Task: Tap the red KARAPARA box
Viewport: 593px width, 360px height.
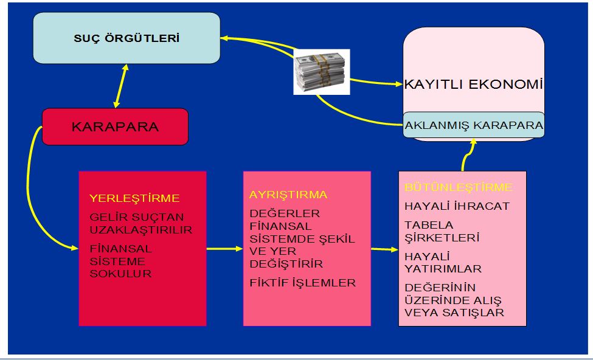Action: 115,127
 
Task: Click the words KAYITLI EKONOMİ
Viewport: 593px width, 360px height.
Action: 473,85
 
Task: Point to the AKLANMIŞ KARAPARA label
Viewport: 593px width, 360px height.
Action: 474,125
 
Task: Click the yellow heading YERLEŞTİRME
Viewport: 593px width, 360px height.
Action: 134,198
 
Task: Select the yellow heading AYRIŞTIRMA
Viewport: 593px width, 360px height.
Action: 288,195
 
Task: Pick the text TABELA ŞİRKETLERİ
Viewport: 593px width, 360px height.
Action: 442,231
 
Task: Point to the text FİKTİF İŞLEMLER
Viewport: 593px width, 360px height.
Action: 302,283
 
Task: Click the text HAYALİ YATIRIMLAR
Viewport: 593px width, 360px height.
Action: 443,262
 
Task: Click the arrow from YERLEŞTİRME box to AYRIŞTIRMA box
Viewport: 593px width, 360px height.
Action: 224,249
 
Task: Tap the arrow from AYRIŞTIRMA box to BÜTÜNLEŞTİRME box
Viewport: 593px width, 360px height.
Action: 384,249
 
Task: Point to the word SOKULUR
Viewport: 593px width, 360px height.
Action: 120,274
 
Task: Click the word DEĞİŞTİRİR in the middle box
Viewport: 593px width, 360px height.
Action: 286,265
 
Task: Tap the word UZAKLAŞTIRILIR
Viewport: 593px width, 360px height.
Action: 140,230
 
